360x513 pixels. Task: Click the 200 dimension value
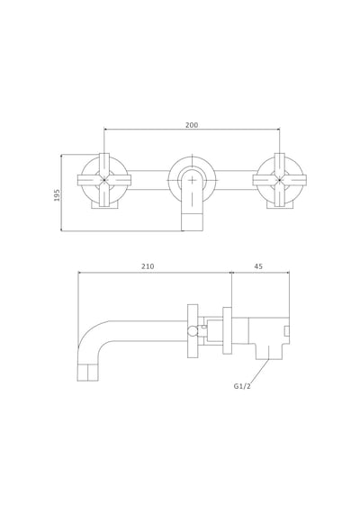pos(192,125)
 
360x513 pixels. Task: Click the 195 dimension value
pos(57,195)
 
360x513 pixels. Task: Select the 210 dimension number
pos(148,266)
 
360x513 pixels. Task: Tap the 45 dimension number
pos(258,266)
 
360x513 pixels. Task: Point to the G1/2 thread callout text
pos(242,386)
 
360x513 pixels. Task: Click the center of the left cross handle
pos(104,180)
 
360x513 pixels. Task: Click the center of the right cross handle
pos(280,180)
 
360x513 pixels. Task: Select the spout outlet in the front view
pos(192,222)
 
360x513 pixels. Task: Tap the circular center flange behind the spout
pos(192,178)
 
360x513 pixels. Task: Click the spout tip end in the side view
pos(87,373)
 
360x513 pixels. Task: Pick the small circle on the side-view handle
pos(193,331)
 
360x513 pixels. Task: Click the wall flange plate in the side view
pos(227,330)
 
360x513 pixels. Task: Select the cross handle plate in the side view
pos(193,330)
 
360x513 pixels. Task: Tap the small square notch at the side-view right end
pos(287,331)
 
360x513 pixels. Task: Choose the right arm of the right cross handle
pos(294,180)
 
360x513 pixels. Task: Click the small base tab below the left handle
pos(104,205)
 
